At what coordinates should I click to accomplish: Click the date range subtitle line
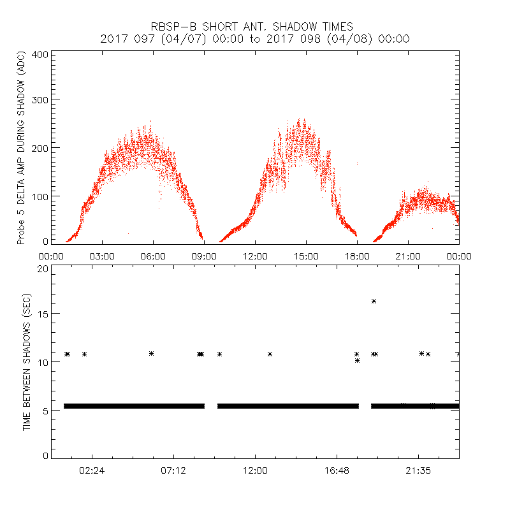[255, 39]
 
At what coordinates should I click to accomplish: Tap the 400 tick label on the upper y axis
[40, 54]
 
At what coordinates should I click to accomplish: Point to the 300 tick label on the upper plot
[40, 99]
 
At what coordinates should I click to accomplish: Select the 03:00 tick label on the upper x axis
[102, 256]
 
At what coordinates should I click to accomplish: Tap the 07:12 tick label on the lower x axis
[173, 470]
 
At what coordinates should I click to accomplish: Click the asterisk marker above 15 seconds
[374, 301]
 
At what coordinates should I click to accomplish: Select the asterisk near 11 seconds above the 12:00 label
[270, 354]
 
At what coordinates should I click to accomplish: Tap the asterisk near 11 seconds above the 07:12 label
[151, 353]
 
